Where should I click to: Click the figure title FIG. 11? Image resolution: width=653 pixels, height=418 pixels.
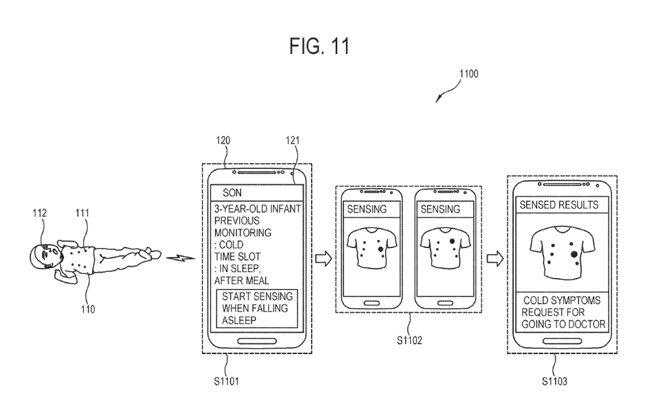click(320, 46)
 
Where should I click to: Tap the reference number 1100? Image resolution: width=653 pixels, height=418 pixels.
click(468, 75)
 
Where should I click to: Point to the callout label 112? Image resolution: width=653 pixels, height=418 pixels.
click(39, 213)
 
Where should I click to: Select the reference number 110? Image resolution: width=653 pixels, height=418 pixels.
click(89, 309)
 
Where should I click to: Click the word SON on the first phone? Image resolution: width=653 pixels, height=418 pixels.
click(233, 193)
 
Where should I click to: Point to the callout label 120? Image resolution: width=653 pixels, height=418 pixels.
click(223, 141)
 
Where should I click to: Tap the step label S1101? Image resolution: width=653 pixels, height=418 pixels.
click(227, 382)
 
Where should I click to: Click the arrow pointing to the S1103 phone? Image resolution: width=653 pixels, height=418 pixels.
click(494, 258)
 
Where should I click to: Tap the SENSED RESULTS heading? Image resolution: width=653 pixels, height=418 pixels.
click(559, 204)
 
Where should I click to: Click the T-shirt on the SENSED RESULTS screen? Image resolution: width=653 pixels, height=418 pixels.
click(562, 251)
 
